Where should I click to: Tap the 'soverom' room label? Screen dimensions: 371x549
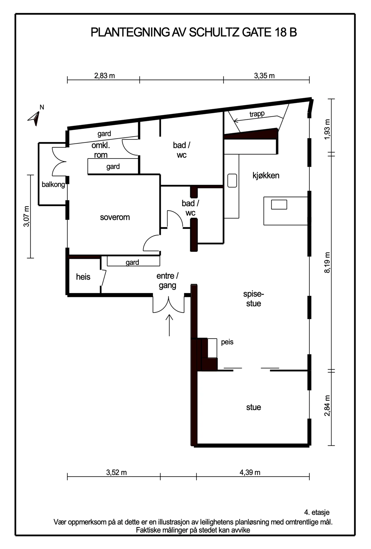pos(115,218)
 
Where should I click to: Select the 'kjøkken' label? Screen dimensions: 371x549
pos(266,175)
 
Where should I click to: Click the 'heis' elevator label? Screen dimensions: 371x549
pos(83,277)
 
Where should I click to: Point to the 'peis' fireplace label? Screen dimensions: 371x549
pos(227,342)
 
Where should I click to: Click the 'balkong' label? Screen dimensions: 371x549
pos(53,185)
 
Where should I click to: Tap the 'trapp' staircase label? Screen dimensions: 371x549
pos(257,114)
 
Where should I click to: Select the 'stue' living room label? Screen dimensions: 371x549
pos(254,407)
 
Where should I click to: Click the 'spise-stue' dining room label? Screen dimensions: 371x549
pos(254,299)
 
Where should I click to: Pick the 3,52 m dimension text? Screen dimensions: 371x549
pos(116,472)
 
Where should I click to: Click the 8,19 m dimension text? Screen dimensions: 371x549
pos(327,262)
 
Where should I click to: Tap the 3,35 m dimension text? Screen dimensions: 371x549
pos(264,76)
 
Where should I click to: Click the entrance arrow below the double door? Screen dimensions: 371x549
pos(169,325)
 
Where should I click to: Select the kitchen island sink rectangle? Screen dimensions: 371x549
pos(279,205)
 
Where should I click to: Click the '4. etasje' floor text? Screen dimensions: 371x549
pos(317,512)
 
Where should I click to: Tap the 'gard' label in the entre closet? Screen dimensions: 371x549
pos(132,262)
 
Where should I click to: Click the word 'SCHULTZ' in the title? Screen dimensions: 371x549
pos(214,32)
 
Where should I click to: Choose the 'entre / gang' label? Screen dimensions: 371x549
pos(167,281)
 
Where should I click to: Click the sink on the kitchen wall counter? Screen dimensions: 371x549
pos(232,180)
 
